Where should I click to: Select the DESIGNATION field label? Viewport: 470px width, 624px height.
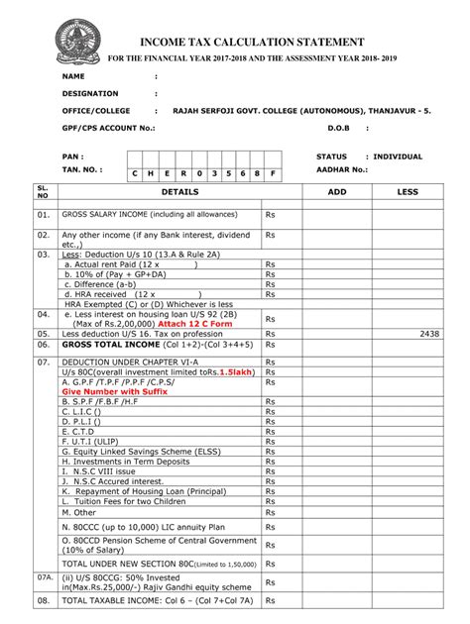(92, 93)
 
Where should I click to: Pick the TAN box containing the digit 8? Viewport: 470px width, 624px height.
(257, 173)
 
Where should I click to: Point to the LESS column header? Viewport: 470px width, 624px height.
(408, 191)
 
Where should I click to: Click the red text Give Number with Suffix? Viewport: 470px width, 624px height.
(115, 391)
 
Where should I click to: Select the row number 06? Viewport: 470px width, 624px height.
(43, 345)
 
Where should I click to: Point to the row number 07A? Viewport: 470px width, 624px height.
(44, 575)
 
